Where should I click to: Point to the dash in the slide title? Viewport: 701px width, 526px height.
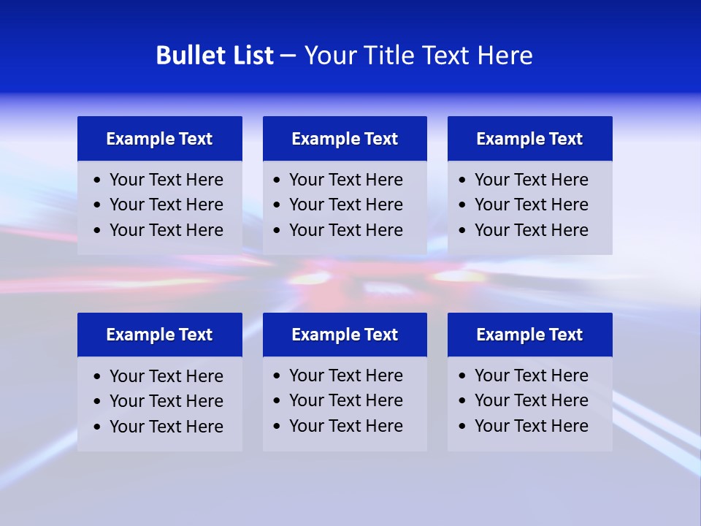tap(288, 56)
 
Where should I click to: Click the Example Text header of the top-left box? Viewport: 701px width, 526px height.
tap(159, 139)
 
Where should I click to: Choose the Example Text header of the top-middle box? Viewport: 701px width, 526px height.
tap(345, 139)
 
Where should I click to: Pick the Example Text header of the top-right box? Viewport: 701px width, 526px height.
tap(529, 139)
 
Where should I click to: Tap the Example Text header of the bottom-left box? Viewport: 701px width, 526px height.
tap(159, 335)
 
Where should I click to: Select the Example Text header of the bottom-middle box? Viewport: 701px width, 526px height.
tap(345, 335)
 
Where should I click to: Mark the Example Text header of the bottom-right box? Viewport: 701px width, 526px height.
tap(529, 335)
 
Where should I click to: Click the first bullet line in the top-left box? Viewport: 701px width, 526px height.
tap(166, 180)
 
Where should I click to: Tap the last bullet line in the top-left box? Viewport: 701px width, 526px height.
tap(166, 230)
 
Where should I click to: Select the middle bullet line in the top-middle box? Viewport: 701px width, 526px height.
tap(345, 205)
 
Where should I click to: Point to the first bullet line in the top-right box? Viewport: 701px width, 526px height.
tap(531, 180)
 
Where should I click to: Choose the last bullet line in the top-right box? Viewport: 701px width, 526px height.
tap(531, 230)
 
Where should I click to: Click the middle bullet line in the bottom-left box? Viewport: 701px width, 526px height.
tap(166, 401)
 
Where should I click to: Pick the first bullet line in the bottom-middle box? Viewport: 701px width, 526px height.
tap(345, 376)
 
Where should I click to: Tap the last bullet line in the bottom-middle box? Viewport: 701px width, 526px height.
tap(345, 426)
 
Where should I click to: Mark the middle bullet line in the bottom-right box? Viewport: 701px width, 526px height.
tap(531, 400)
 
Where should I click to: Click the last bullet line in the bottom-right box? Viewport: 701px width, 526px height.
tap(531, 426)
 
